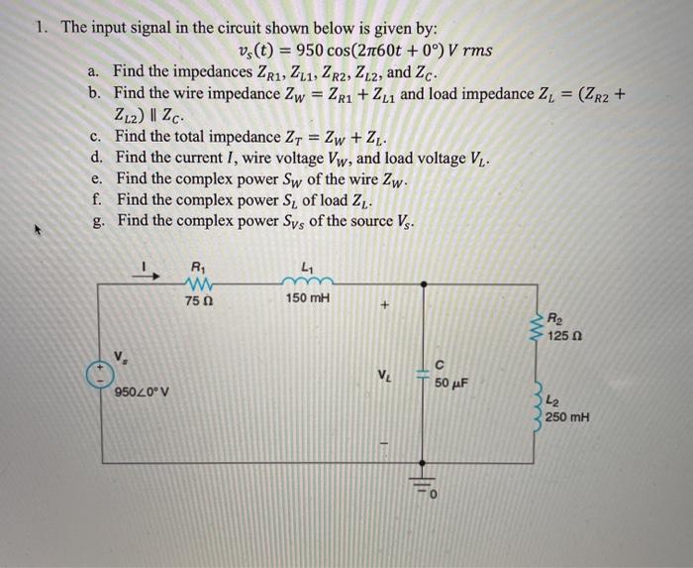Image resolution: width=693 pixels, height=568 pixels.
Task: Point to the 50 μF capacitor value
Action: pyautogui.click(x=451, y=383)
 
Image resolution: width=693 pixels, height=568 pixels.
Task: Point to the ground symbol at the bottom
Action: pyautogui.click(x=424, y=487)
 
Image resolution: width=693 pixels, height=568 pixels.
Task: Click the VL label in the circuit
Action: pyautogui.click(x=383, y=375)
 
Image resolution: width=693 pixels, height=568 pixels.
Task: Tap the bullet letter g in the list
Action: pyautogui.click(x=95, y=220)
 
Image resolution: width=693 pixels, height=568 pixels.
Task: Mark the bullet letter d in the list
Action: pyautogui.click(x=95, y=157)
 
